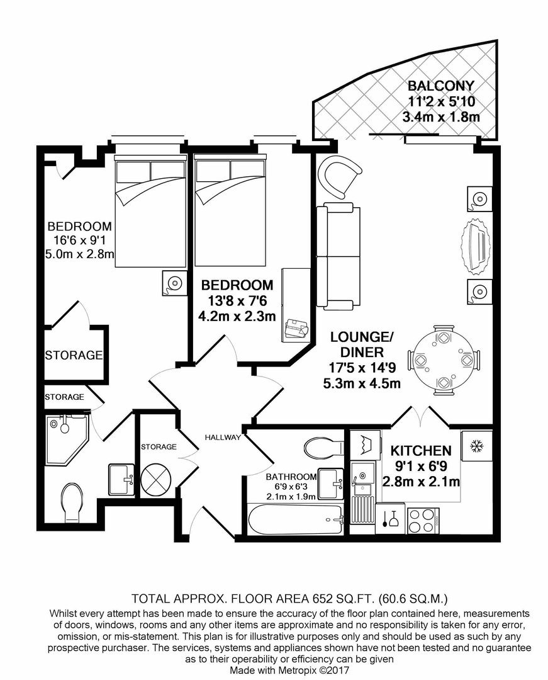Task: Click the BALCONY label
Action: [x=441, y=86]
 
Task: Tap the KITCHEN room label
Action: [x=421, y=451]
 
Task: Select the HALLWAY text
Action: [x=223, y=437]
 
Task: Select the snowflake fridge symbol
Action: [x=476, y=446]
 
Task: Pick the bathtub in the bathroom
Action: [x=296, y=519]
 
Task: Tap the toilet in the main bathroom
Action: [x=324, y=446]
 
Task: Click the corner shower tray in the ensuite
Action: [x=67, y=438]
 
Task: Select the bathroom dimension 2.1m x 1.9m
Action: [x=291, y=497]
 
